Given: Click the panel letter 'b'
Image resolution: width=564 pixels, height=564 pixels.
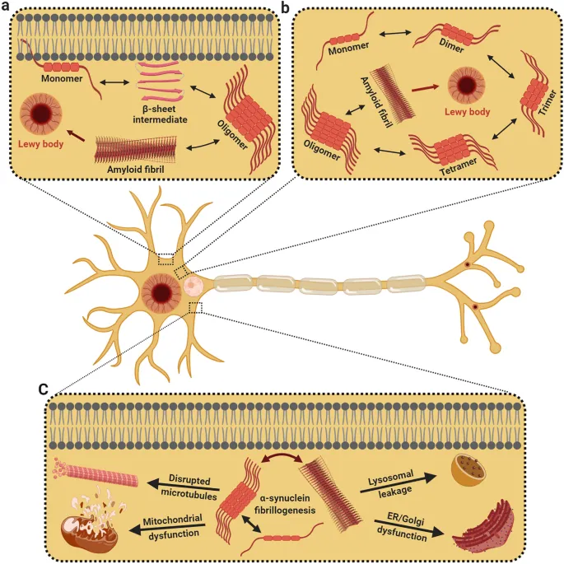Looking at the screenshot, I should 286,7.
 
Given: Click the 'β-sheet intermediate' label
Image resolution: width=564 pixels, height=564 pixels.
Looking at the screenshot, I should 151,114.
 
